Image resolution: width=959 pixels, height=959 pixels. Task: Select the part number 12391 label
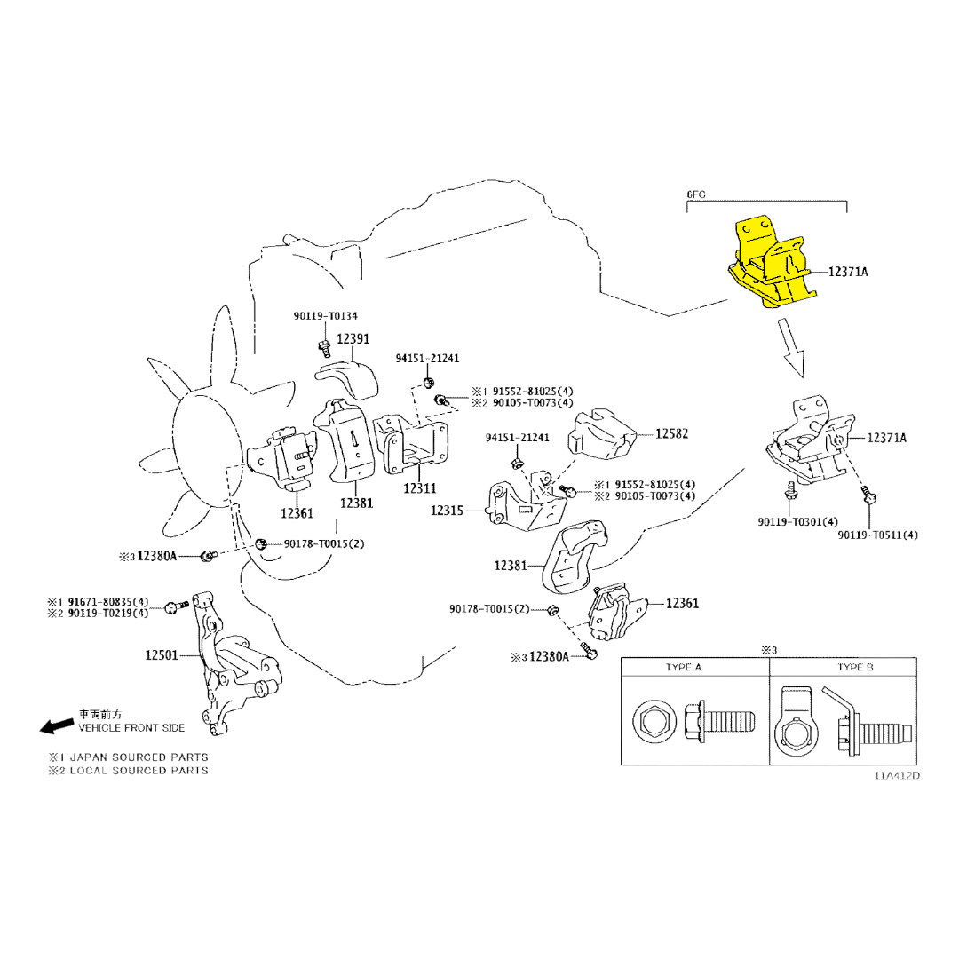[x=353, y=339]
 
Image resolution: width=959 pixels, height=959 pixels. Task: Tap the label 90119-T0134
[x=326, y=316]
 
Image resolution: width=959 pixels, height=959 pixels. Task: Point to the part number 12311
[x=419, y=488]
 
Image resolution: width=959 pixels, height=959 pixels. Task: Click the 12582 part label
[x=672, y=434]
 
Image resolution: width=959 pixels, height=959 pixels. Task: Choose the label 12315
[x=448, y=511]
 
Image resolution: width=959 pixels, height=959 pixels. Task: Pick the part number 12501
[x=162, y=655]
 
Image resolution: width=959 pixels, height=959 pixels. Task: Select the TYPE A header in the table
[x=684, y=667]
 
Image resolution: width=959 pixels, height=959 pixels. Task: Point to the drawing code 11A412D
[x=896, y=775]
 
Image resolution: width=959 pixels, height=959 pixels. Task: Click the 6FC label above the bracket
[x=695, y=194]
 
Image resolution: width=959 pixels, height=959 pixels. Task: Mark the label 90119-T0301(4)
[x=797, y=522]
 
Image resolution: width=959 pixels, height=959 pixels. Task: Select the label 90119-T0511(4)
[x=877, y=535]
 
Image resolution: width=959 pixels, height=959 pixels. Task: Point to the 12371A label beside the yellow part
[x=849, y=272]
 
